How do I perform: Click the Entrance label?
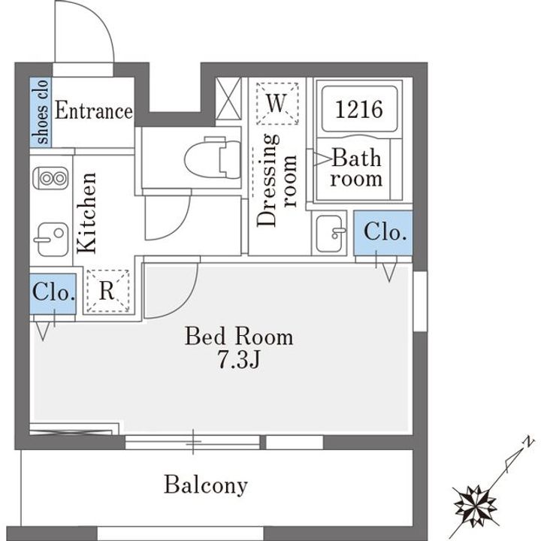pyautogui.click(x=94, y=110)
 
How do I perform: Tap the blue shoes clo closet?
pyautogui.click(x=41, y=112)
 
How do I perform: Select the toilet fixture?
pyautogui.click(x=213, y=159)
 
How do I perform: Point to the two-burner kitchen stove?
pyautogui.click(x=51, y=178)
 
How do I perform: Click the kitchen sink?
pyautogui.click(x=52, y=239)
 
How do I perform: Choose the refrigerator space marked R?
pyautogui.click(x=107, y=292)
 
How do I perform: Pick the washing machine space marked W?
pyautogui.click(x=277, y=103)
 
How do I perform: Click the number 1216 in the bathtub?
pyautogui.click(x=359, y=109)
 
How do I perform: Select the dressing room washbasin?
pyautogui.click(x=329, y=233)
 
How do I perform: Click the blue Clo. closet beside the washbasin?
pyautogui.click(x=383, y=233)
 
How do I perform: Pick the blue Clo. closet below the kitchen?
pyautogui.click(x=53, y=294)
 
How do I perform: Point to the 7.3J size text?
pyautogui.click(x=239, y=361)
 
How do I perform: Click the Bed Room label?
pyautogui.click(x=239, y=337)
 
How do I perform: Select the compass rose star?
pyautogui.click(x=475, y=506)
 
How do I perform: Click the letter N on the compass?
pyautogui.click(x=528, y=442)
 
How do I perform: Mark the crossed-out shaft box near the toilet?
pyautogui.click(x=228, y=98)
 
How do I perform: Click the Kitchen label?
pyautogui.click(x=86, y=213)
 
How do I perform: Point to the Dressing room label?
pyautogui.click(x=277, y=180)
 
